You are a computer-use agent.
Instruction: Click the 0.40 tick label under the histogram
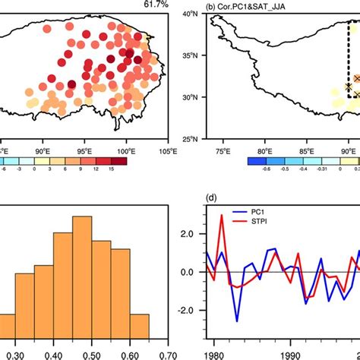click(53, 354)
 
